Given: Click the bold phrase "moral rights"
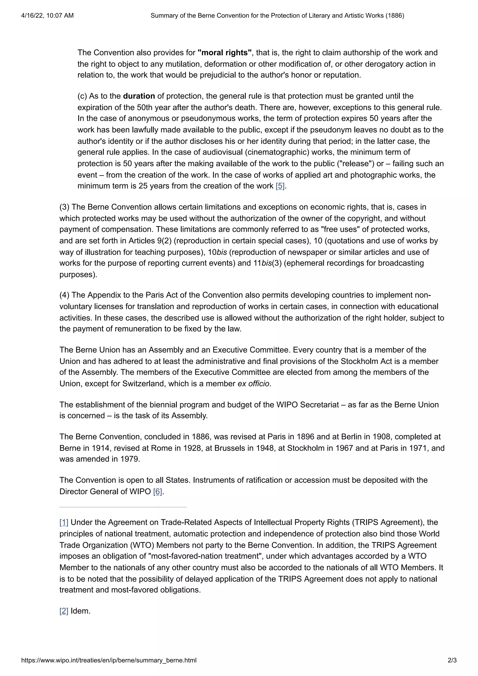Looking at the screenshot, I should click(x=225, y=53).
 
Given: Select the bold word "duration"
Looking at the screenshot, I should click(x=139, y=96).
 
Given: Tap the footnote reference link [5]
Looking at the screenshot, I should click(x=280, y=186).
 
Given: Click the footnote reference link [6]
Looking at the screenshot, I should click(x=158, y=492).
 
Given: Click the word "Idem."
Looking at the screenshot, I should click(x=80, y=611).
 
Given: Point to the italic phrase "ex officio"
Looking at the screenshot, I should click(x=253, y=384).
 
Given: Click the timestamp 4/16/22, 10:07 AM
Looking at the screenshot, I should click(x=47, y=16).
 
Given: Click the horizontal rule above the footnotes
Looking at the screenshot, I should click(x=123, y=507).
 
